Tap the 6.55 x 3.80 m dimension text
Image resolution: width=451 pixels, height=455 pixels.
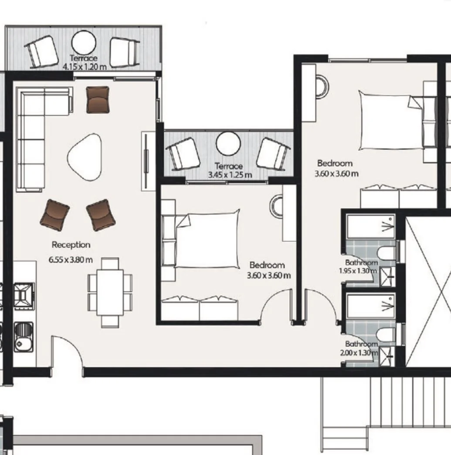(71, 260)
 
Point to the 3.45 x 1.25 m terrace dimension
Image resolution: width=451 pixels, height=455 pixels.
(230, 175)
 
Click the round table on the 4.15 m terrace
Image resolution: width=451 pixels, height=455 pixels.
(84, 43)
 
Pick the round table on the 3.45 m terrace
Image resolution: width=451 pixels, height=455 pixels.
(228, 144)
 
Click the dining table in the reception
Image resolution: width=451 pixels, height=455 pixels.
(110, 292)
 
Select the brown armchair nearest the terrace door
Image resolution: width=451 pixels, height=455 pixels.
(98, 99)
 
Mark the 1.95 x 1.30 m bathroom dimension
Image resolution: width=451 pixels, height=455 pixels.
(358, 271)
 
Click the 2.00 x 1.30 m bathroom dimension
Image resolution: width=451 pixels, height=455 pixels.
(359, 353)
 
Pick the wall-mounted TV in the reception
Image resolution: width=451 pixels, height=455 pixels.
(146, 161)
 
